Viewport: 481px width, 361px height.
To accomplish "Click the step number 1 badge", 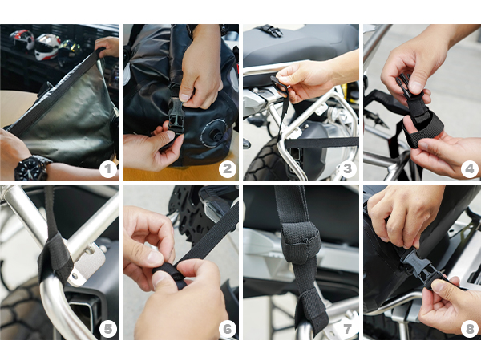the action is [x=108, y=168].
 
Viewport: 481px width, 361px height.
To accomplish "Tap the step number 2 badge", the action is [x=228, y=168].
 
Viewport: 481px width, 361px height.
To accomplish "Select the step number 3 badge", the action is [x=348, y=168].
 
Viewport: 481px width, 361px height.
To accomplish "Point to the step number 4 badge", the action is [x=470, y=168].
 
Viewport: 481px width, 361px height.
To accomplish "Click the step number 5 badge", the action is [x=108, y=329].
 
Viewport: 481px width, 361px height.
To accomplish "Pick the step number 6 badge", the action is [x=228, y=329].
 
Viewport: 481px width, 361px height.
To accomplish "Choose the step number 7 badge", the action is [x=348, y=329].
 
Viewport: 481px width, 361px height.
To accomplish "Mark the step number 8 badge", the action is [x=470, y=329].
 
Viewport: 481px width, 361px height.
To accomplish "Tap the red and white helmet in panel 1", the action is [x=22, y=40].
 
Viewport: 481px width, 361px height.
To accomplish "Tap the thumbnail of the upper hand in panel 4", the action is [x=417, y=87].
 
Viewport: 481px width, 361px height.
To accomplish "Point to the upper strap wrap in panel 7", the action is [x=301, y=245].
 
